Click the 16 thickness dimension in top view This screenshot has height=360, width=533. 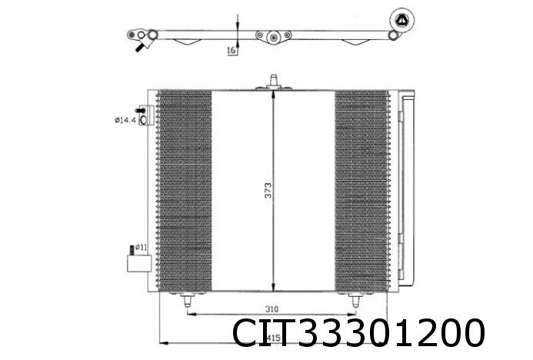click(x=231, y=51)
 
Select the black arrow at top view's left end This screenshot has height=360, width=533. click(x=138, y=48)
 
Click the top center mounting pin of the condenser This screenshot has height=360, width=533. click(x=273, y=81)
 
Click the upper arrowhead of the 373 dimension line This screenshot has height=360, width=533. click(x=273, y=95)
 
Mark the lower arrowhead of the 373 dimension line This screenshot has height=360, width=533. click(x=273, y=286)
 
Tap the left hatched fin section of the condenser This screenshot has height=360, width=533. click(x=185, y=191)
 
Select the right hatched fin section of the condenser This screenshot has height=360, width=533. click(x=361, y=191)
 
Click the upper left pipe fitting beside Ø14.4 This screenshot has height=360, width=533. click(x=143, y=115)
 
